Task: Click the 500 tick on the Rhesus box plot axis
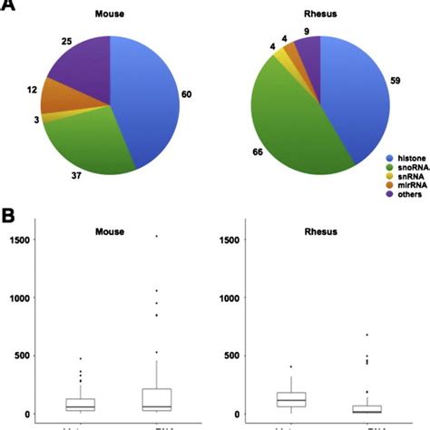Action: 226,356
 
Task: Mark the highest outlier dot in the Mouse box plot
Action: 155,236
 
